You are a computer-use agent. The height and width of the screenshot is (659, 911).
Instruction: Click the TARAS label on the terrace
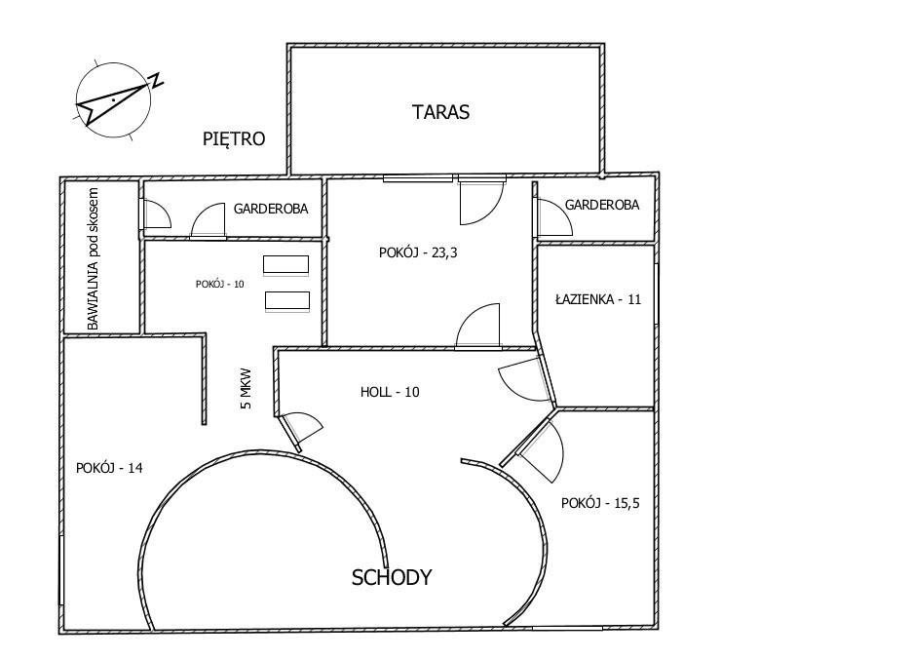440,111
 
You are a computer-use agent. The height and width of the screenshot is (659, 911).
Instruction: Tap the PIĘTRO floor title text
234,138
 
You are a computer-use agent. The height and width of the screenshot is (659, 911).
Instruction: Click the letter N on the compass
156,80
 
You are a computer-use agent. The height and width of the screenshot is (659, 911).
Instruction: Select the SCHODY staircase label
392,577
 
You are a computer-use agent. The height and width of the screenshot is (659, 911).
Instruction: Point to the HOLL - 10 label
390,392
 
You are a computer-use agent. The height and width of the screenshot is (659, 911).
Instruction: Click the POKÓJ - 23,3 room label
418,252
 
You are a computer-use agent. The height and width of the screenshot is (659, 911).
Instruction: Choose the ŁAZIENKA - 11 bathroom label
598,299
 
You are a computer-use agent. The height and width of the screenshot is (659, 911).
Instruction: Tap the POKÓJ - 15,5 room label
600,503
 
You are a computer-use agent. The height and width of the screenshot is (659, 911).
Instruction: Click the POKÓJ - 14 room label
109,468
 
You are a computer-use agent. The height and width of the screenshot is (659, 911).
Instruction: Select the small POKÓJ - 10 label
219,285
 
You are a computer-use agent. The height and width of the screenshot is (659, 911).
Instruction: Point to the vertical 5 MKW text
247,389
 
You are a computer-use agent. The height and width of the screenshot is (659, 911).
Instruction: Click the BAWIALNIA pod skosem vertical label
93,258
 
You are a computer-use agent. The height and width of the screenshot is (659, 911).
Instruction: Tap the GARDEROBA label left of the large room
271,209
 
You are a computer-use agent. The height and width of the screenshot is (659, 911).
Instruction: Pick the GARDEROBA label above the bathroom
602,205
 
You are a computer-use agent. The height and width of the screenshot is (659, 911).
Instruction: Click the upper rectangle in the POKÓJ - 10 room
285,265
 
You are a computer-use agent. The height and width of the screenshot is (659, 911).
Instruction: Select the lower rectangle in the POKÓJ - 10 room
287,301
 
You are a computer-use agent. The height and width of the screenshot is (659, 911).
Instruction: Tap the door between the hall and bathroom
523,379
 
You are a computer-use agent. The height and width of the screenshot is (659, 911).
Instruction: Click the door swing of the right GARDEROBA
554,216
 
